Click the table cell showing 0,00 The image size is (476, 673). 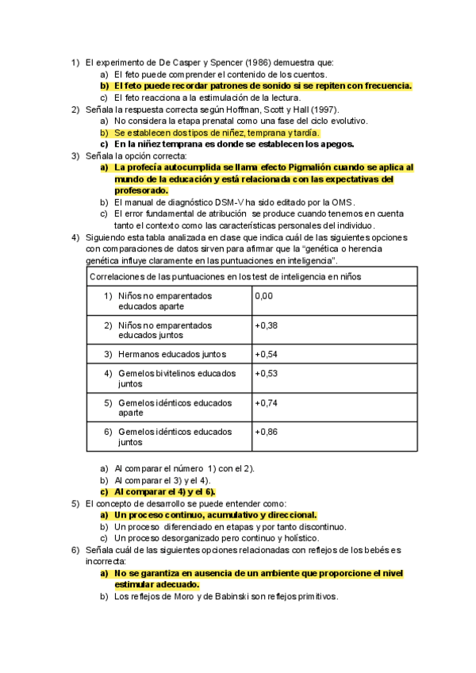coord(263,296)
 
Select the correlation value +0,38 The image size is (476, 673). coord(266,325)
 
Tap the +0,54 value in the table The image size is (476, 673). coord(266,354)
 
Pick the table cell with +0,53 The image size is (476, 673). coord(266,373)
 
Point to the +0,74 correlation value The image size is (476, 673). coord(266,402)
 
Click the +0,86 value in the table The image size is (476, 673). coord(266,432)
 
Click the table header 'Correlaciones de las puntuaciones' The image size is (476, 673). coord(159,276)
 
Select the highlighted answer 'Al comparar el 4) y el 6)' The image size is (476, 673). coord(159,491)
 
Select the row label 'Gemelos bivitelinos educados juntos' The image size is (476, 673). coord(177,378)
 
